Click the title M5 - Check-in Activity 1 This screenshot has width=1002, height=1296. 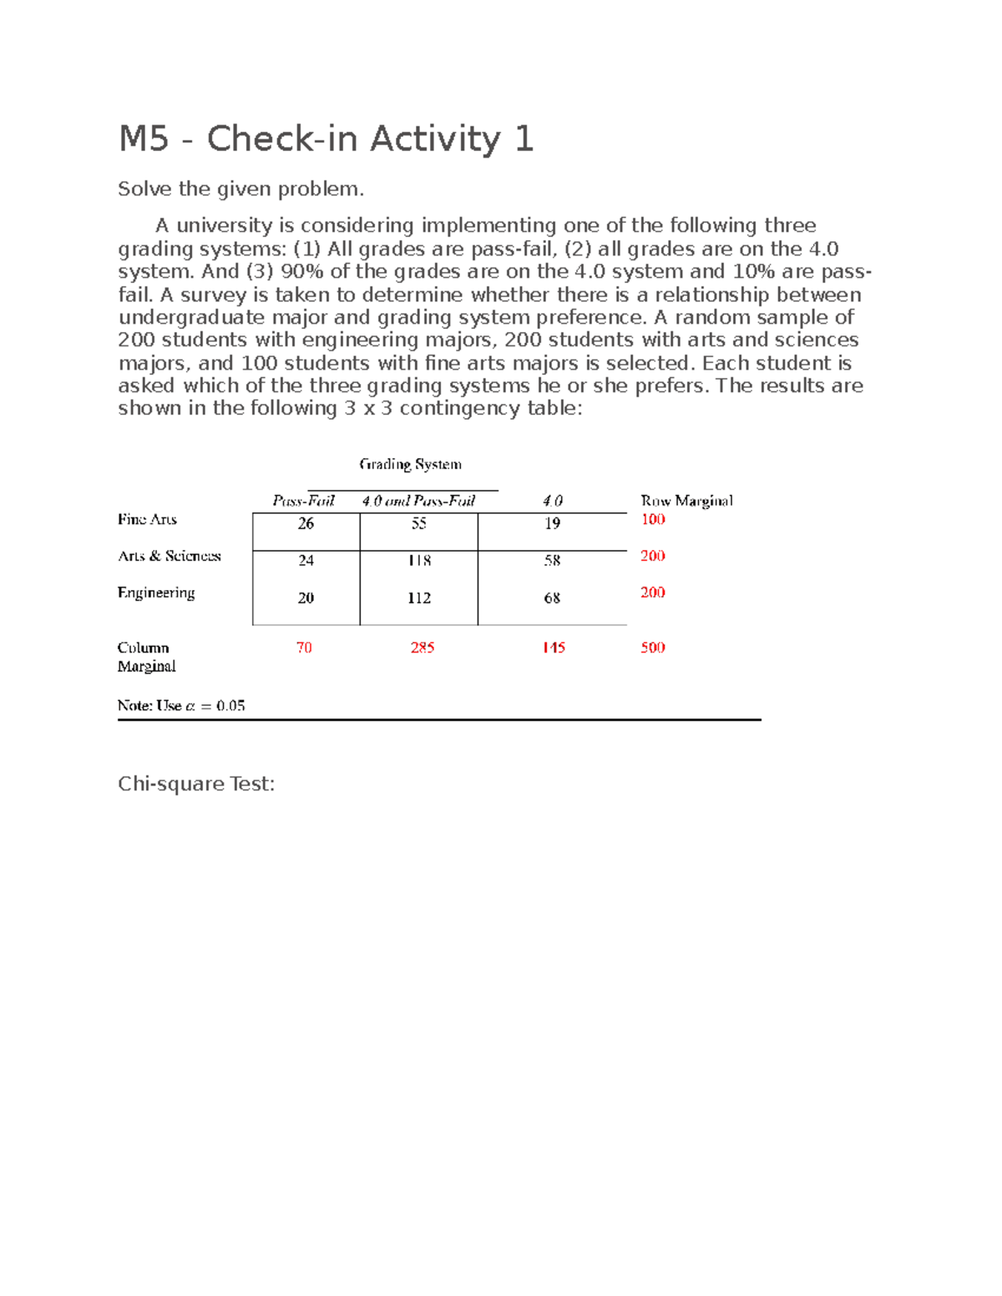coord(326,139)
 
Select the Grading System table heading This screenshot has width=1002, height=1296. coord(410,464)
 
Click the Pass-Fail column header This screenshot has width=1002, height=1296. coord(303,501)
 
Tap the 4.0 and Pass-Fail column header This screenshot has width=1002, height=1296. coord(418,501)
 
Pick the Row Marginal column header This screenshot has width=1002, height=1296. coord(686,501)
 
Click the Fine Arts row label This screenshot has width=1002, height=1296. coord(147,519)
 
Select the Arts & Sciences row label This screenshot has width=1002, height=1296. coord(170,556)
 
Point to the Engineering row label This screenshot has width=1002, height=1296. coord(156,593)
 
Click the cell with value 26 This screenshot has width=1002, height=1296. coord(306,523)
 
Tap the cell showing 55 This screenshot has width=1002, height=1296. coord(419,523)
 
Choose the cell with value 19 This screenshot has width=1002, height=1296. coord(552,523)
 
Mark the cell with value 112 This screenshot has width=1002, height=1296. coord(419,598)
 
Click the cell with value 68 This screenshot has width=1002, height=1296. coord(552,598)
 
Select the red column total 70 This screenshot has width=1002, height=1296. coord(304,648)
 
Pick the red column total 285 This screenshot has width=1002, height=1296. coord(423,648)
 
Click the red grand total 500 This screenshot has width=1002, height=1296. coord(653,648)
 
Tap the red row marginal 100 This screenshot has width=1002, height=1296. coord(653,519)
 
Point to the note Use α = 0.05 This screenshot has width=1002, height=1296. coord(181,706)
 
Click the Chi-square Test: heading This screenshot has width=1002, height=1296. coord(196,784)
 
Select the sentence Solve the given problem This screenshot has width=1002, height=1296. coord(241,189)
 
